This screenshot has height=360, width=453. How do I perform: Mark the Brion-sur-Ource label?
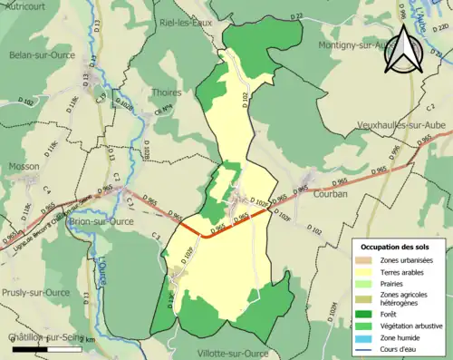click(101, 221)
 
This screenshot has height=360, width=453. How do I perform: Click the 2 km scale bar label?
click(85, 338)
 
